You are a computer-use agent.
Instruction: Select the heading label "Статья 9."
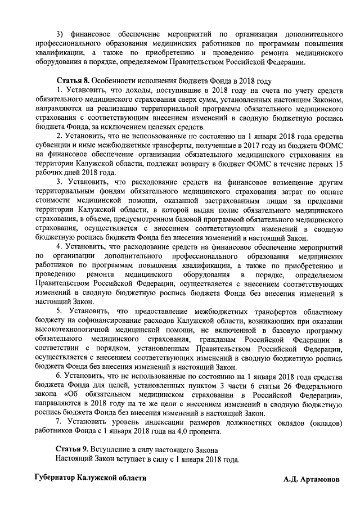[x=74, y=449]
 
